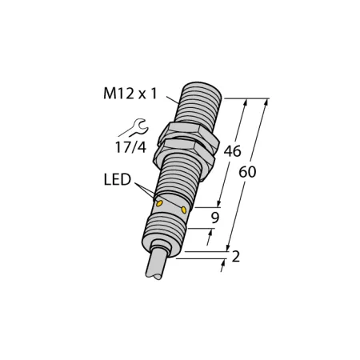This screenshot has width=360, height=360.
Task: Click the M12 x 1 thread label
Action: [130, 94]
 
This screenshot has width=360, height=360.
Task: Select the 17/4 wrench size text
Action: [130, 147]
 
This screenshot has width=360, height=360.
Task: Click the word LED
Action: [118, 179]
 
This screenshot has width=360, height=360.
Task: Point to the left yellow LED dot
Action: [159, 204]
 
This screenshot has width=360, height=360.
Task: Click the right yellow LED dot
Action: [184, 210]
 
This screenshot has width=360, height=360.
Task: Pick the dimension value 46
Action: [232, 151]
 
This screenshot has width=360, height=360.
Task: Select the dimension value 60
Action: [247, 172]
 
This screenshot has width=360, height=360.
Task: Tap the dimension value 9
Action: [215, 218]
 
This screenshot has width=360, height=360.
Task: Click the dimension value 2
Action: [235, 257]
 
